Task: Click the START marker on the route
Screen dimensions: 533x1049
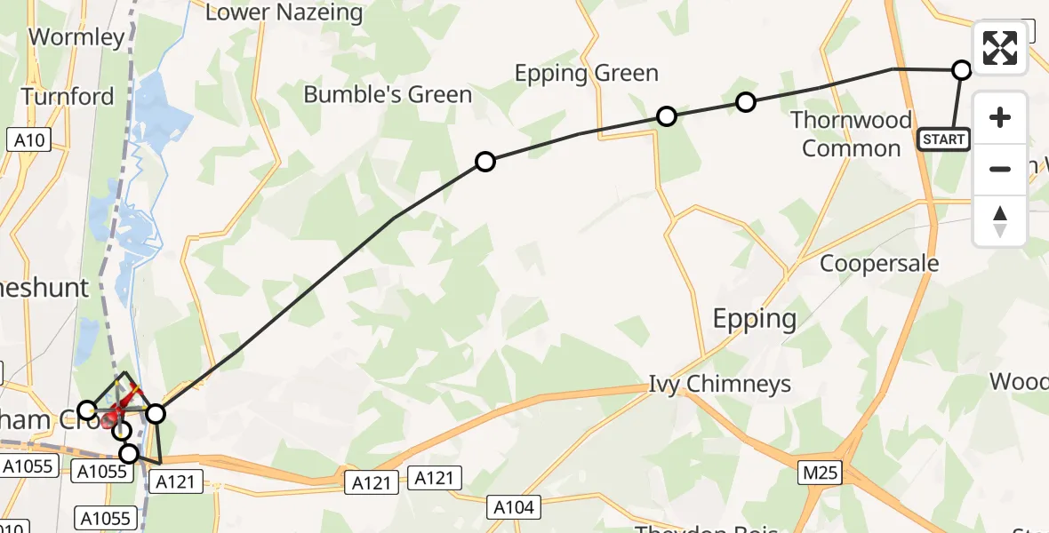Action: click(x=943, y=139)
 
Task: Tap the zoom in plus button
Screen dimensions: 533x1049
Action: click(x=1000, y=118)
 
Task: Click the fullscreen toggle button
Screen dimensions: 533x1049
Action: click(x=1000, y=48)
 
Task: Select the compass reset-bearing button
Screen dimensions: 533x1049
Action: click(x=1000, y=221)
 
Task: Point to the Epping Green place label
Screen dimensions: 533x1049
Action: click(x=587, y=74)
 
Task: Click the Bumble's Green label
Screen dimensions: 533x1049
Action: click(x=388, y=95)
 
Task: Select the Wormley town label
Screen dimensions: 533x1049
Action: click(x=76, y=37)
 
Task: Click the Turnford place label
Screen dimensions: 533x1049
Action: click(x=68, y=97)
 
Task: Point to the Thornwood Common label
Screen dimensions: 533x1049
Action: click(x=852, y=134)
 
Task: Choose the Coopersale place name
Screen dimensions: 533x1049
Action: click(x=879, y=264)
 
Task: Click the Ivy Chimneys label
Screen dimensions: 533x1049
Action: click(x=719, y=385)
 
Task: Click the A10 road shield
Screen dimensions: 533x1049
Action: click(x=29, y=139)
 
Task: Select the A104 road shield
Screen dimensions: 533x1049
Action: click(x=513, y=507)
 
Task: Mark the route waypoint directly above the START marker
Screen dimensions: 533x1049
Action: click(x=961, y=70)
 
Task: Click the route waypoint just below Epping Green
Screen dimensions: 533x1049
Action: click(x=666, y=116)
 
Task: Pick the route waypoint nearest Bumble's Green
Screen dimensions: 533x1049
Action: click(x=484, y=162)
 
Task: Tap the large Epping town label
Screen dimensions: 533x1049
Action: click(x=755, y=319)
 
